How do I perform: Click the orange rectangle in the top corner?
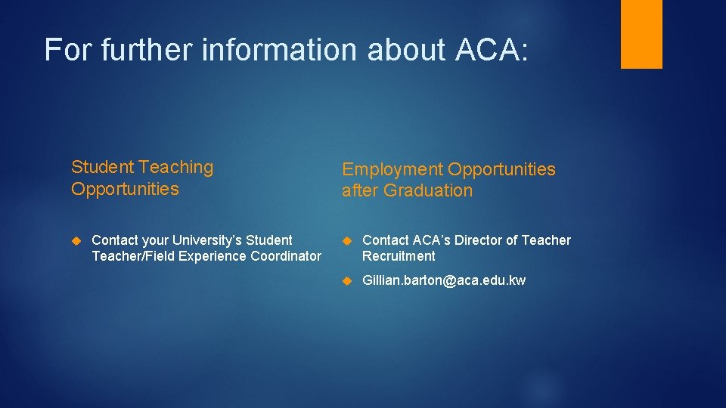pos(641,34)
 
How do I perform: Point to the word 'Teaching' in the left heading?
pos(181,167)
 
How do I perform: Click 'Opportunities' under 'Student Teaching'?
pos(125,189)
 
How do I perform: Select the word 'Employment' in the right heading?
pos(392,169)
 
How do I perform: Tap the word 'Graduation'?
pos(428,191)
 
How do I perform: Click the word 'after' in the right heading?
pos(360,191)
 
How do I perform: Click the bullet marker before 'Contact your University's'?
pos(76,240)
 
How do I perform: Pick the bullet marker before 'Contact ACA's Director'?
pos(346,240)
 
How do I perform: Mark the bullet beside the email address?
pos(346,280)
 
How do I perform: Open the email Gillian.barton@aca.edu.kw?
pos(444,280)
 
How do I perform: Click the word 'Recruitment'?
pos(399,256)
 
